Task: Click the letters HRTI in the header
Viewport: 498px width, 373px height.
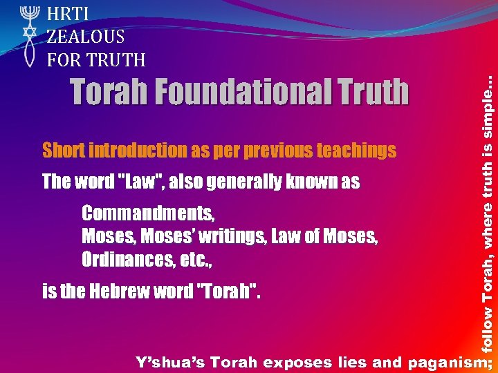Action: (69, 13)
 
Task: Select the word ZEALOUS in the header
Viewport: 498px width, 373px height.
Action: (86, 37)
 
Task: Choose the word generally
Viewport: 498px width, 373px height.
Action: (243, 182)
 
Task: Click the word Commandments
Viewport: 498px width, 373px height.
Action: (147, 213)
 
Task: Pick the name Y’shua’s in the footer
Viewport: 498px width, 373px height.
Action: (171, 361)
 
